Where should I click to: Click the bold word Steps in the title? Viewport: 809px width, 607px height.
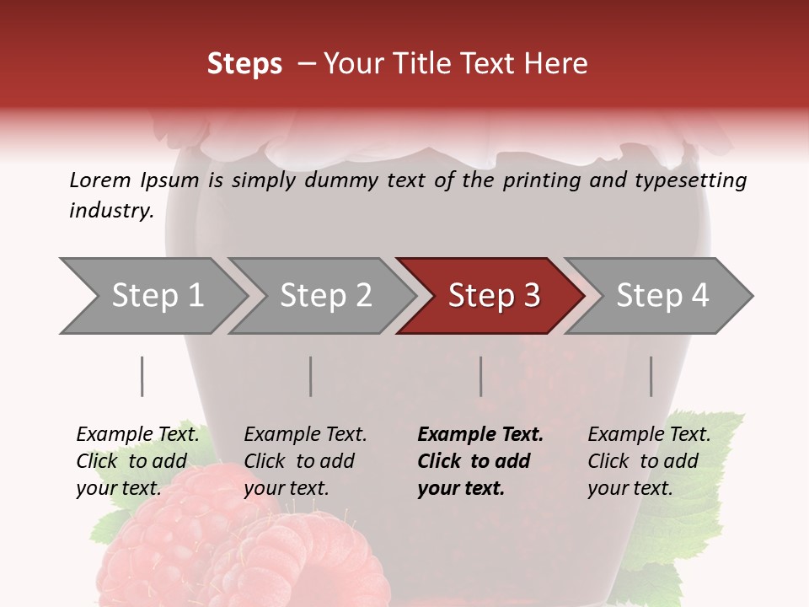(244, 64)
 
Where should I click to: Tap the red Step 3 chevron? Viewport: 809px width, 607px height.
(493, 296)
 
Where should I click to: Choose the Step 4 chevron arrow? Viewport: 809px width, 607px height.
(662, 296)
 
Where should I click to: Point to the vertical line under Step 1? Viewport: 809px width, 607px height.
(142, 376)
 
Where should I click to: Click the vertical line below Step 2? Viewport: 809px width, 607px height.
(311, 376)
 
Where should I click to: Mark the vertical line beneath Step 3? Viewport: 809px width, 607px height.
(481, 376)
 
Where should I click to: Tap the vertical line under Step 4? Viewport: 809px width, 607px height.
(651, 376)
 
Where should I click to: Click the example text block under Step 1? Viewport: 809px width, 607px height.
(137, 461)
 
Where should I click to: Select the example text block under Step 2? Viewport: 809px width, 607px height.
(305, 461)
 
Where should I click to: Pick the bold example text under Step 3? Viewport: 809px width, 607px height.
(480, 461)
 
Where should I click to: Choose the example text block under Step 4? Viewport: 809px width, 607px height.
(649, 461)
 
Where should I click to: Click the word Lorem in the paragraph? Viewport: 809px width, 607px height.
(100, 180)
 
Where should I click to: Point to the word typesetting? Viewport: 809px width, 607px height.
(694, 181)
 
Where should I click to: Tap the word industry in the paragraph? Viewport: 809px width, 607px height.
(110, 211)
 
